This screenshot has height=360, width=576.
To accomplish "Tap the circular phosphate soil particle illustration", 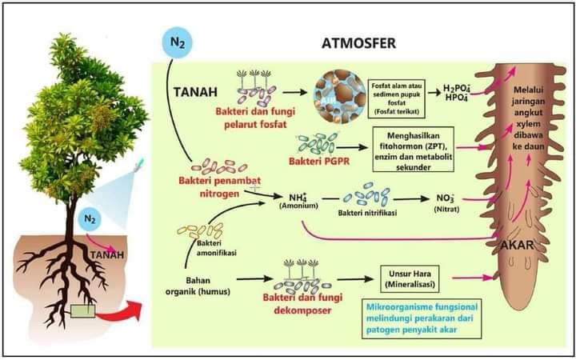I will [341, 94].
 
